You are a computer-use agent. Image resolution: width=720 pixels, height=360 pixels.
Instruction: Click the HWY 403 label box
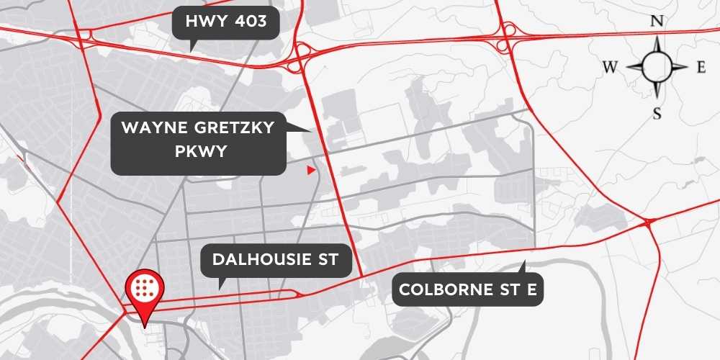tap(226, 22)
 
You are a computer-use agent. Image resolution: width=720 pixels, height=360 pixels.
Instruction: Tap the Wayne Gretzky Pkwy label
tap(198, 143)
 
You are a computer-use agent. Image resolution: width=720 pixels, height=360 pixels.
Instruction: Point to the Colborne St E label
tap(468, 290)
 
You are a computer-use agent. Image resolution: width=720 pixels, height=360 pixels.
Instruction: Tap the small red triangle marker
tap(310, 171)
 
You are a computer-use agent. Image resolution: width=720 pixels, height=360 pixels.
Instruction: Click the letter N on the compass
tap(657, 22)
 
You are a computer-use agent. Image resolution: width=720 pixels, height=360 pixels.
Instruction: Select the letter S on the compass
tap(657, 113)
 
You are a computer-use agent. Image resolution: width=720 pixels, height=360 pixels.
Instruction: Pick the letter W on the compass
tap(610, 68)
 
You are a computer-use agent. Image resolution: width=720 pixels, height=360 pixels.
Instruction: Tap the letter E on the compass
tap(701, 68)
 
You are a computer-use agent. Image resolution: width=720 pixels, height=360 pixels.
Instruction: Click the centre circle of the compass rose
tap(657, 67)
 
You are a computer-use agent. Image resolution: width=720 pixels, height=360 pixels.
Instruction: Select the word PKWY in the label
tap(198, 153)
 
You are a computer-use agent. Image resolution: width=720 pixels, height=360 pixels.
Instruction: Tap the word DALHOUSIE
tap(261, 261)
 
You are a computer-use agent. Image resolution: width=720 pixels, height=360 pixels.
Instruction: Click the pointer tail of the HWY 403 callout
tap(191, 46)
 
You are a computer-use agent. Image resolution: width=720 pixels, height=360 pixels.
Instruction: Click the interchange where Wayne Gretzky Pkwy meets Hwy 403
tap(302, 57)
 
